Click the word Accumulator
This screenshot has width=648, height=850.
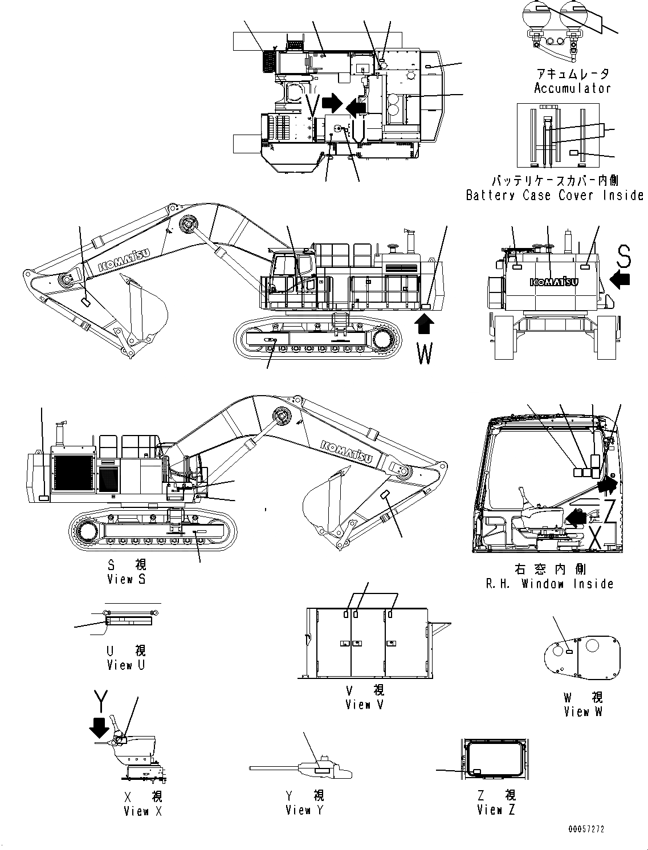(572, 88)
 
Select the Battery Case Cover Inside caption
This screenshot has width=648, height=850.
(554, 195)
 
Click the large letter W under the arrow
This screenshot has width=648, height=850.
(425, 353)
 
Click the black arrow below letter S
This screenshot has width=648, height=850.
(620, 279)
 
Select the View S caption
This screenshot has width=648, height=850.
(127, 579)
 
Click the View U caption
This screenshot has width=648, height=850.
(126, 665)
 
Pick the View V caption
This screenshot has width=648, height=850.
(365, 705)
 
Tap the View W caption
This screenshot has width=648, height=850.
(582, 711)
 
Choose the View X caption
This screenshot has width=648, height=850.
(142, 811)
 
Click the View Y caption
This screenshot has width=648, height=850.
(304, 810)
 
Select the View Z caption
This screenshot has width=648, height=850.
(496, 810)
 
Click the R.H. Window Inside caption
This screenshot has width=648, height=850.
(549, 584)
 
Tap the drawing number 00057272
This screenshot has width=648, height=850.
(585, 829)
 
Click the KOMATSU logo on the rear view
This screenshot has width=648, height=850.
(553, 282)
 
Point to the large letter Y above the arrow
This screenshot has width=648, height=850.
(101, 702)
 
